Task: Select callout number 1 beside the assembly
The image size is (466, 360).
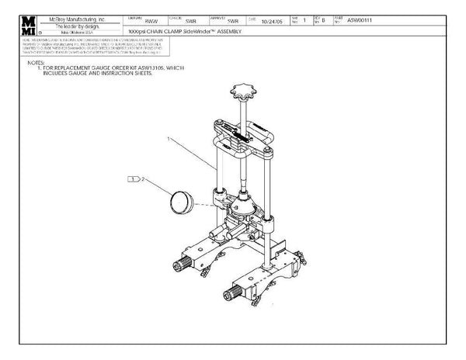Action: [167, 138]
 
